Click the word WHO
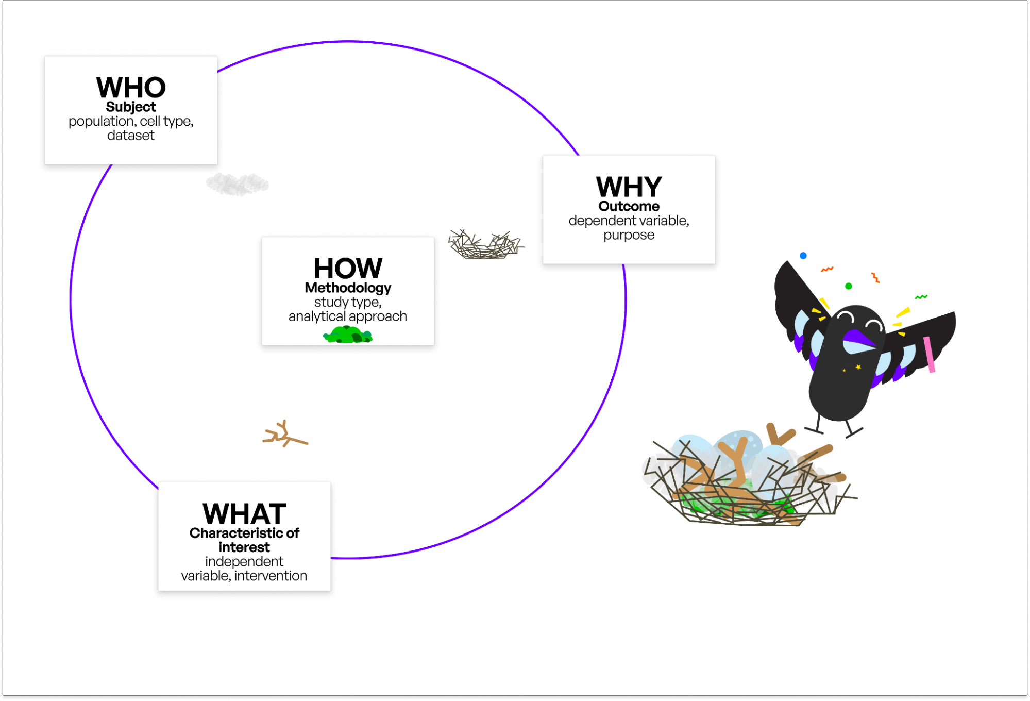(131, 88)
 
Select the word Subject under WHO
(131, 107)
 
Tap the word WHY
(629, 187)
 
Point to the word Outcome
(629, 206)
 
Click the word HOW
(348, 269)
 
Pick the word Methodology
(348, 288)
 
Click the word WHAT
(244, 514)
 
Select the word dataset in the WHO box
(131, 136)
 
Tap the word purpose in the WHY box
(629, 235)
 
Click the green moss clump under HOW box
(348, 336)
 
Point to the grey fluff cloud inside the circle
(237, 184)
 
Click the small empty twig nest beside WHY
(484, 245)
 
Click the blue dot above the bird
(803, 256)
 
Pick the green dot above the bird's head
(849, 286)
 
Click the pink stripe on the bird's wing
(929, 354)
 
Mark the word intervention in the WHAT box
(271, 576)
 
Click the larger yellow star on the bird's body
(858, 367)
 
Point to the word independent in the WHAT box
(244, 561)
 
